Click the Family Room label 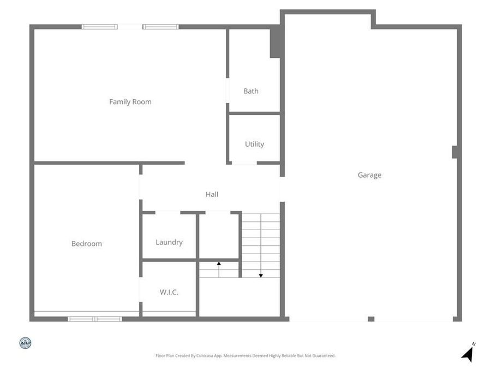coord(130,102)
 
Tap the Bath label coord(251,91)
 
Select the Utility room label coord(254,144)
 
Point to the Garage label coord(369,175)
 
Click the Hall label coord(212,194)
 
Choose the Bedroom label coord(87,244)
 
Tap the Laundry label coord(169,243)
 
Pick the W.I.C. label coord(169,292)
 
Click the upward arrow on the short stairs coord(219,264)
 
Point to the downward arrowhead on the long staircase coord(261,275)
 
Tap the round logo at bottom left coord(25,343)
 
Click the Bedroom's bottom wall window coord(95,318)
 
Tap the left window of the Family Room coord(99,27)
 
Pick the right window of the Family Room coord(161,27)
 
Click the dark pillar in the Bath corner coord(276,42)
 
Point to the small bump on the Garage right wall coord(454,152)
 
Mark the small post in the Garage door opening coord(371,319)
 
